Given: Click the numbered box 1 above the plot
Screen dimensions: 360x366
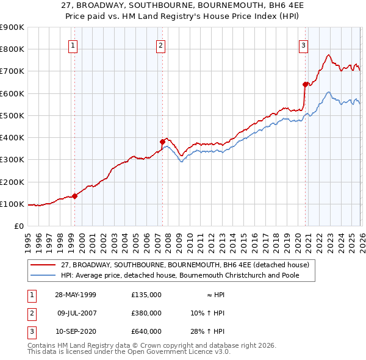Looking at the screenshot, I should [73, 45].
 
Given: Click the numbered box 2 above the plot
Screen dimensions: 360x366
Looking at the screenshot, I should [160, 45].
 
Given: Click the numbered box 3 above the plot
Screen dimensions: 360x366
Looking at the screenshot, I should [303, 45].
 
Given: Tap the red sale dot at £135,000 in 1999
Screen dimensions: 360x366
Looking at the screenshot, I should [74, 196].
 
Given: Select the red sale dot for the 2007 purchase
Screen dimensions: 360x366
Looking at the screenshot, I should [162, 142].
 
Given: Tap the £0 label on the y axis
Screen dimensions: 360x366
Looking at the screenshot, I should [18, 226].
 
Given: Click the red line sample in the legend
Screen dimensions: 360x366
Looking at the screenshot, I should [43, 265].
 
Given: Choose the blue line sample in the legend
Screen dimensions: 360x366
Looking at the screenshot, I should [43, 275].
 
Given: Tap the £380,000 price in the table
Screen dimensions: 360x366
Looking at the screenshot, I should [146, 313].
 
